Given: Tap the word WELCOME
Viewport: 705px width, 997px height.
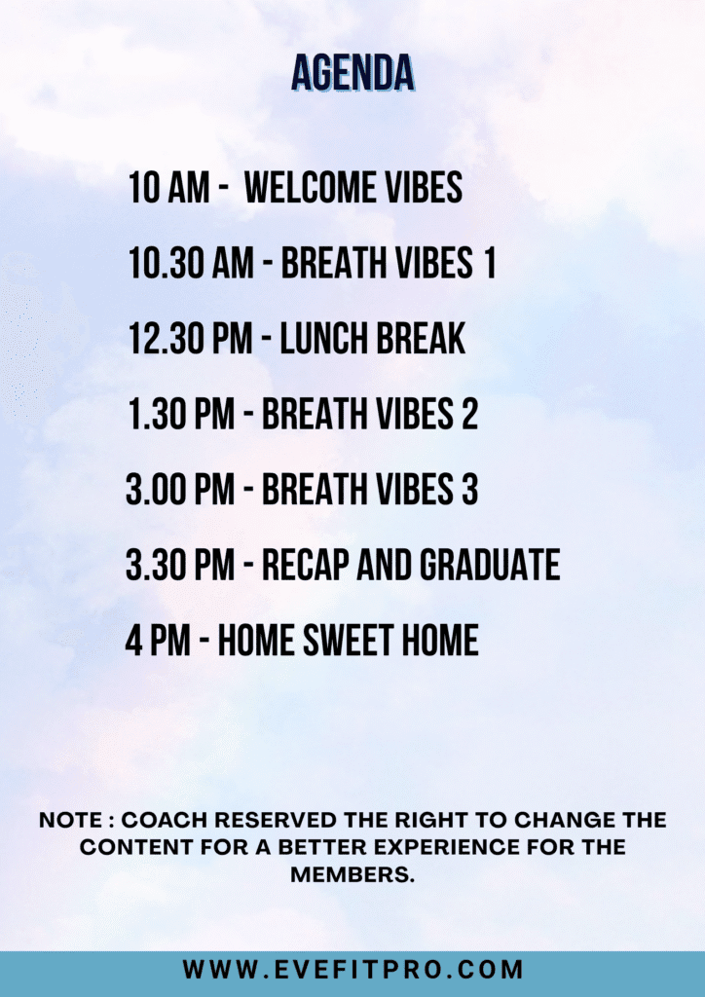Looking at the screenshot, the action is [x=303, y=188].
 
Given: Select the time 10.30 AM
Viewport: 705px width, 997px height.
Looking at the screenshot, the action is [x=191, y=263].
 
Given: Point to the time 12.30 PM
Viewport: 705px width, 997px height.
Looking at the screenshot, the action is [x=191, y=338].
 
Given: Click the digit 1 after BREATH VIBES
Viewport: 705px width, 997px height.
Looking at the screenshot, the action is [x=489, y=263].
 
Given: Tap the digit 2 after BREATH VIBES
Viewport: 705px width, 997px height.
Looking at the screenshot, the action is [x=469, y=414].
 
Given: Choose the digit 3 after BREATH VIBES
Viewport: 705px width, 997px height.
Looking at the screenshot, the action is [x=469, y=489].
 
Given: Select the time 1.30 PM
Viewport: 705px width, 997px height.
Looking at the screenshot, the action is [x=182, y=414].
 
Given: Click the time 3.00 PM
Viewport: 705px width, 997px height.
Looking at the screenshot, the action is [x=180, y=489].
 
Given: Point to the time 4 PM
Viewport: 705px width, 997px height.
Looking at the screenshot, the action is [x=158, y=640].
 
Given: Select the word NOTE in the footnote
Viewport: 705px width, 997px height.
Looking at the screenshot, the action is [x=70, y=820].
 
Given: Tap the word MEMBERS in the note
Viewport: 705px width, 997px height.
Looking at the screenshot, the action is [x=352, y=874].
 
